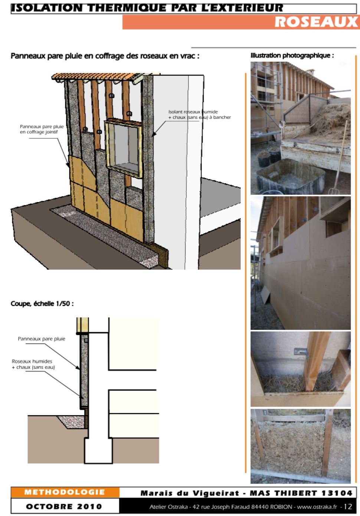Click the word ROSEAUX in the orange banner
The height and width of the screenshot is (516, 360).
point(317,22)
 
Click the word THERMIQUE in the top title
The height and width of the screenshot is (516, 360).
point(127,8)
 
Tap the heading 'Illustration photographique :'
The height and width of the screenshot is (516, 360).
point(292,56)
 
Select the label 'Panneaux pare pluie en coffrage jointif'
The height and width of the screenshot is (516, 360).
point(42,129)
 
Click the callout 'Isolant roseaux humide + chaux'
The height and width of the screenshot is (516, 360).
point(199,114)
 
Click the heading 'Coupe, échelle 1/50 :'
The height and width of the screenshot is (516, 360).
point(42,304)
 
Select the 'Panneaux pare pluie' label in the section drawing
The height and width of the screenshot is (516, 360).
point(42,339)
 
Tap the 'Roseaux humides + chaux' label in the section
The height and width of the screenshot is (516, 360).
point(33,364)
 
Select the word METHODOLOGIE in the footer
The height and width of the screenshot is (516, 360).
point(65,493)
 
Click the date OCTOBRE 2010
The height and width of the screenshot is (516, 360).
point(64,507)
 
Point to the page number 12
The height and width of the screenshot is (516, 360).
point(348,506)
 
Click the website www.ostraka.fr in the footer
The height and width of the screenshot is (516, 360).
point(317,507)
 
